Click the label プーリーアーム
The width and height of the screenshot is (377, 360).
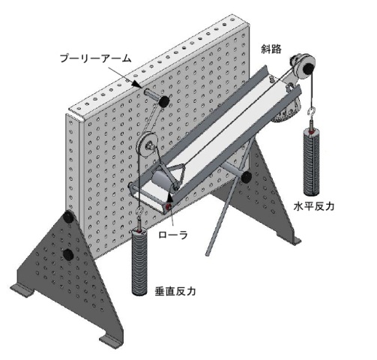[x=95, y=58]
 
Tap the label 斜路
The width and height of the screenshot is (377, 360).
[x=271, y=49]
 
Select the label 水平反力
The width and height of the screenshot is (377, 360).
[x=314, y=206]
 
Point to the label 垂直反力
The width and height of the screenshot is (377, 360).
[x=175, y=291]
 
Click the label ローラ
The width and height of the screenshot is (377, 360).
[x=173, y=235]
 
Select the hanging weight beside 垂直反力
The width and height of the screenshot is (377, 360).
[x=139, y=261]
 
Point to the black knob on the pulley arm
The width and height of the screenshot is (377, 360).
[x=164, y=101]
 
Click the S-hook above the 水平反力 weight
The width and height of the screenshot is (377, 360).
[x=312, y=112]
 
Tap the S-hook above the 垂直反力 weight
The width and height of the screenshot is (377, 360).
[x=140, y=211]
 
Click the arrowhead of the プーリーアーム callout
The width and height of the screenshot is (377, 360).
[x=138, y=84]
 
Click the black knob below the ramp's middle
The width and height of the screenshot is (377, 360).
[x=246, y=178]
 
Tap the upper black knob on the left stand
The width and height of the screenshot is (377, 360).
[x=68, y=217]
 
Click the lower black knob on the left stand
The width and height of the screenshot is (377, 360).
[x=68, y=254]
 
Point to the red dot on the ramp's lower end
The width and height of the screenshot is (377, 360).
[x=168, y=206]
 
